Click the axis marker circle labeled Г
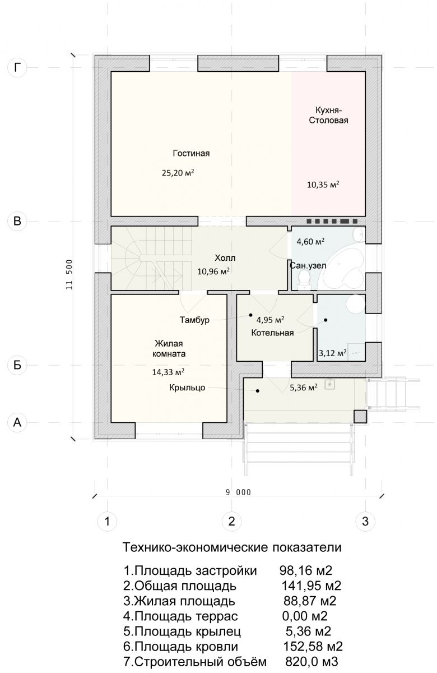[17, 68]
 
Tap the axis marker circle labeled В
[17, 221]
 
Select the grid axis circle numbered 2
[231, 521]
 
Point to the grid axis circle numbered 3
[365, 521]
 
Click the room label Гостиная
[191, 153]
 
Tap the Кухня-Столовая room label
[329, 116]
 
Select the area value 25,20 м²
[178, 173]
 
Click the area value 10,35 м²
[323, 184]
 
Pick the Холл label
[225, 258]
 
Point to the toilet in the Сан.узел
[304, 280]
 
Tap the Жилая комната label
[169, 348]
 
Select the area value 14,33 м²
[168, 372]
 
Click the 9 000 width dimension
[238, 492]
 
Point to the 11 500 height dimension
[69, 274]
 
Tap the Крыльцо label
[187, 388]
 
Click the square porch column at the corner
[360, 417]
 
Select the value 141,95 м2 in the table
[312, 586]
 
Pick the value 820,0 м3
[312, 661]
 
